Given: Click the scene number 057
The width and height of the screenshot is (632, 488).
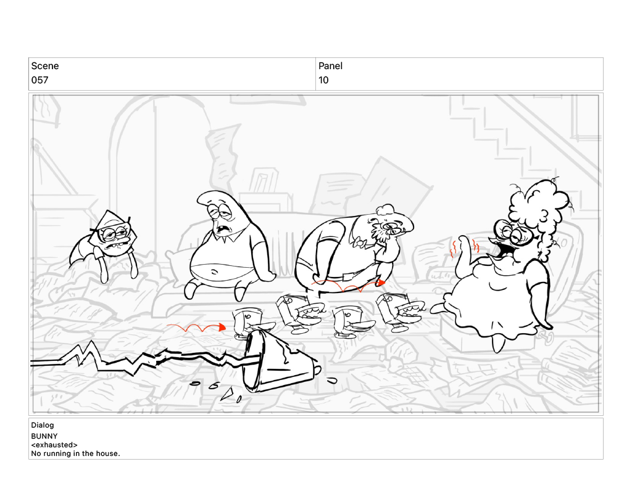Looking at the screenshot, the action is point(39,80).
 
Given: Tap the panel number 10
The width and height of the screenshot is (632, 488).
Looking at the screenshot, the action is point(323,80).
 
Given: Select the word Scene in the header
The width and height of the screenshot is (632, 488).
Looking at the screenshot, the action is point(44,65).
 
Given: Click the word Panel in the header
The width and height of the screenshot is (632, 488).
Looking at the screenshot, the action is point(331,65).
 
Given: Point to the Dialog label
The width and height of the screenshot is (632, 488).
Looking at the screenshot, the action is point(43,424).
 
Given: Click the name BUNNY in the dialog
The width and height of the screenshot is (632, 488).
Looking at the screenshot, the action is point(44,436).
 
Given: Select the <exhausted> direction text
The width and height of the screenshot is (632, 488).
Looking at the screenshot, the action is point(54,445).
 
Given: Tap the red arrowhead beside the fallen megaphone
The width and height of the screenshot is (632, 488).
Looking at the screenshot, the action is point(222,327).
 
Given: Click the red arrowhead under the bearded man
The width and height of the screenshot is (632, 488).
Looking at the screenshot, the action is point(380,283).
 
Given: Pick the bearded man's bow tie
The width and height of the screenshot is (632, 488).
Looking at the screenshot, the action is point(357,243).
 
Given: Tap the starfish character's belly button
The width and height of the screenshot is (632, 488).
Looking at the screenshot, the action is point(214,273).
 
